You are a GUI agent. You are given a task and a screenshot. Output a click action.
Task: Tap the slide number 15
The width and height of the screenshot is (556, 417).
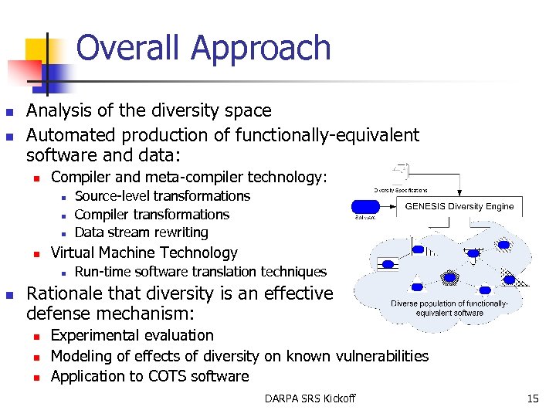(532, 398)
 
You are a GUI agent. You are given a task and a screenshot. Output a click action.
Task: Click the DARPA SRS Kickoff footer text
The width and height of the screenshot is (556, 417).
(310, 398)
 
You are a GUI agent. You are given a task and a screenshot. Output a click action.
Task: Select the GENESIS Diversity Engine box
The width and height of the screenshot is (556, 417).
(459, 206)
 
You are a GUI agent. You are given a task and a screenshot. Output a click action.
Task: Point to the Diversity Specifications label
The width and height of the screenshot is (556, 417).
(401, 189)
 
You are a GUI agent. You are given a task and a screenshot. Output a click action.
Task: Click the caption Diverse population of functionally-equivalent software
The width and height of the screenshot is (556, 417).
(449, 308)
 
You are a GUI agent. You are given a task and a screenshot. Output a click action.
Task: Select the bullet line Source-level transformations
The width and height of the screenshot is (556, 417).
(162, 196)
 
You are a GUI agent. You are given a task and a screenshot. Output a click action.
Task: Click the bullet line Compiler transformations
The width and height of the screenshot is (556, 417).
(151, 215)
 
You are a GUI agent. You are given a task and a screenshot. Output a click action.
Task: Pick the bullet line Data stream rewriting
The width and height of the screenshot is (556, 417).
(141, 232)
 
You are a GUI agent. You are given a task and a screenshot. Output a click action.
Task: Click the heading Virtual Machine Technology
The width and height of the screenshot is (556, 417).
(144, 253)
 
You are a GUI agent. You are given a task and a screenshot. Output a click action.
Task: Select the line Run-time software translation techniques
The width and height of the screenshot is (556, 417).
(200, 272)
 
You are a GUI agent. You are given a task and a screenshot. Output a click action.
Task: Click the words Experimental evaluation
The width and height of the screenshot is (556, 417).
(132, 335)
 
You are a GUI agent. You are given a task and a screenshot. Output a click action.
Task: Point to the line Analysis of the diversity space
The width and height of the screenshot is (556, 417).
(149, 111)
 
